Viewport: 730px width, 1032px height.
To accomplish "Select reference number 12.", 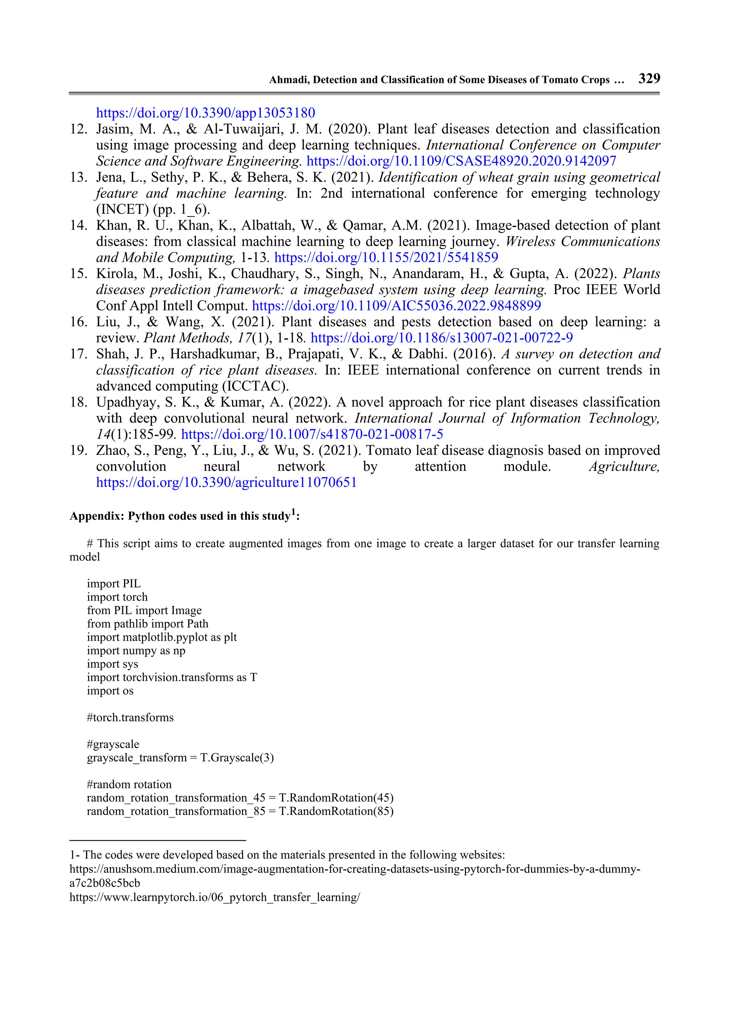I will click(x=78, y=129).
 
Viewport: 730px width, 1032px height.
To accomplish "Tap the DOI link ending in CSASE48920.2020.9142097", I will click(x=461, y=161).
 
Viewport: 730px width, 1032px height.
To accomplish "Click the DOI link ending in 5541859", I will click(x=386, y=257).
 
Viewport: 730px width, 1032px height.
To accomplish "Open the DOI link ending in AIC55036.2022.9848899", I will click(x=396, y=306).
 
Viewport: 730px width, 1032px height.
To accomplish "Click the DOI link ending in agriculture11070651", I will click(x=226, y=482).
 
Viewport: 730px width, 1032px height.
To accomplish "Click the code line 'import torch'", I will click(x=117, y=597).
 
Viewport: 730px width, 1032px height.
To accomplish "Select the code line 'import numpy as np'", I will click(x=136, y=650).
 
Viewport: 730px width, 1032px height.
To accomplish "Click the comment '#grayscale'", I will click(x=113, y=744).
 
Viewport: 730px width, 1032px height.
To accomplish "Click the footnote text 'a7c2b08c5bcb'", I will click(x=104, y=883).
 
